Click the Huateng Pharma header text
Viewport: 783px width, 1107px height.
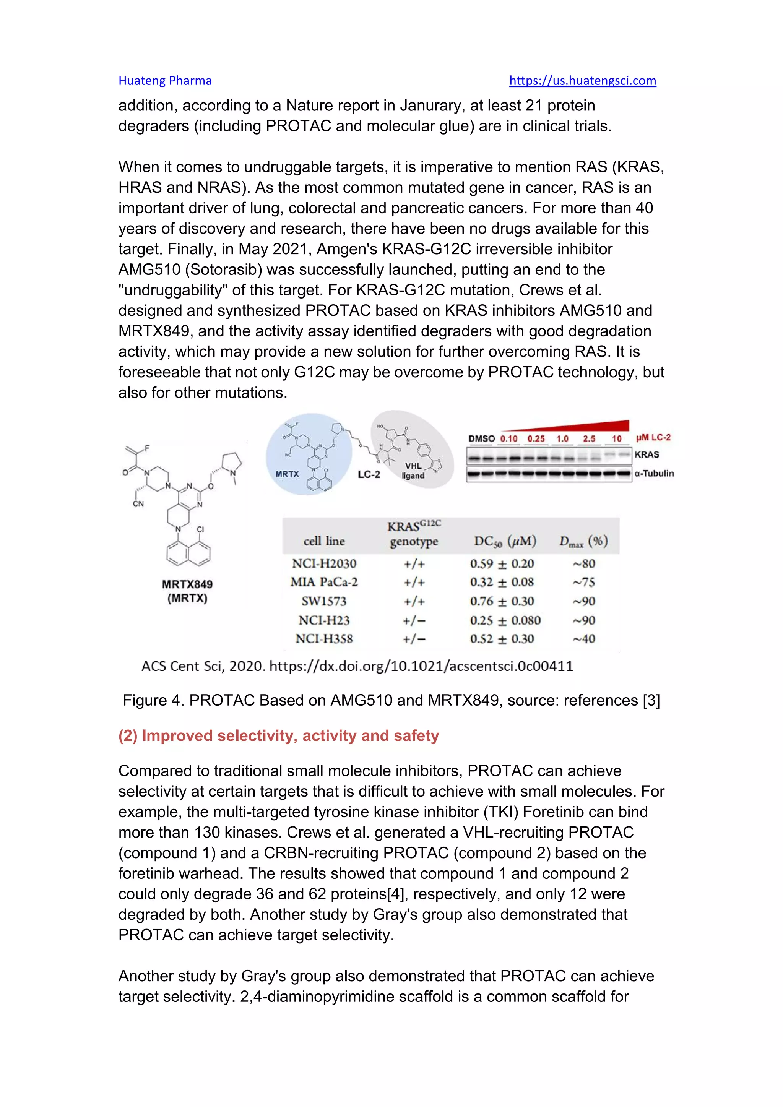(x=165, y=81)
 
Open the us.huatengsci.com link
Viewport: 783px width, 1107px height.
(x=582, y=81)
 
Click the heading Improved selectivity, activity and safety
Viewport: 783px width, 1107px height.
(x=279, y=735)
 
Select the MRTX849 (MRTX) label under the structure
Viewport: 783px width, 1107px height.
(x=187, y=591)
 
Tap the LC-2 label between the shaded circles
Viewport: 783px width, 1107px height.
(x=369, y=474)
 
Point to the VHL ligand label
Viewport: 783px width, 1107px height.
(x=413, y=471)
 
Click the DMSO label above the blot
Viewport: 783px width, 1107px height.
(x=481, y=439)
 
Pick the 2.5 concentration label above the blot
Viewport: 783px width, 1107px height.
(x=589, y=439)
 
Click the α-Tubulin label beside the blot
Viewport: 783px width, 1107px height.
(x=654, y=474)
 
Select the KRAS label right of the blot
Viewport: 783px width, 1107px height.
(x=647, y=454)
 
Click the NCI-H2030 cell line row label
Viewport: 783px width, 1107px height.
(x=324, y=563)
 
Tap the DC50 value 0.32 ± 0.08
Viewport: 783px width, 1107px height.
(x=502, y=583)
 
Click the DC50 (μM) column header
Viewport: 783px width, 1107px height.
(x=505, y=541)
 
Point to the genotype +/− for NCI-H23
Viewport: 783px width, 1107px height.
(x=414, y=620)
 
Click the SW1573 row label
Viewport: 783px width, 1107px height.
(x=324, y=601)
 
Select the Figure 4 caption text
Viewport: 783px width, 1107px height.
(x=391, y=700)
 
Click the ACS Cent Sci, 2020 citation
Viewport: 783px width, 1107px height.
(x=357, y=666)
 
